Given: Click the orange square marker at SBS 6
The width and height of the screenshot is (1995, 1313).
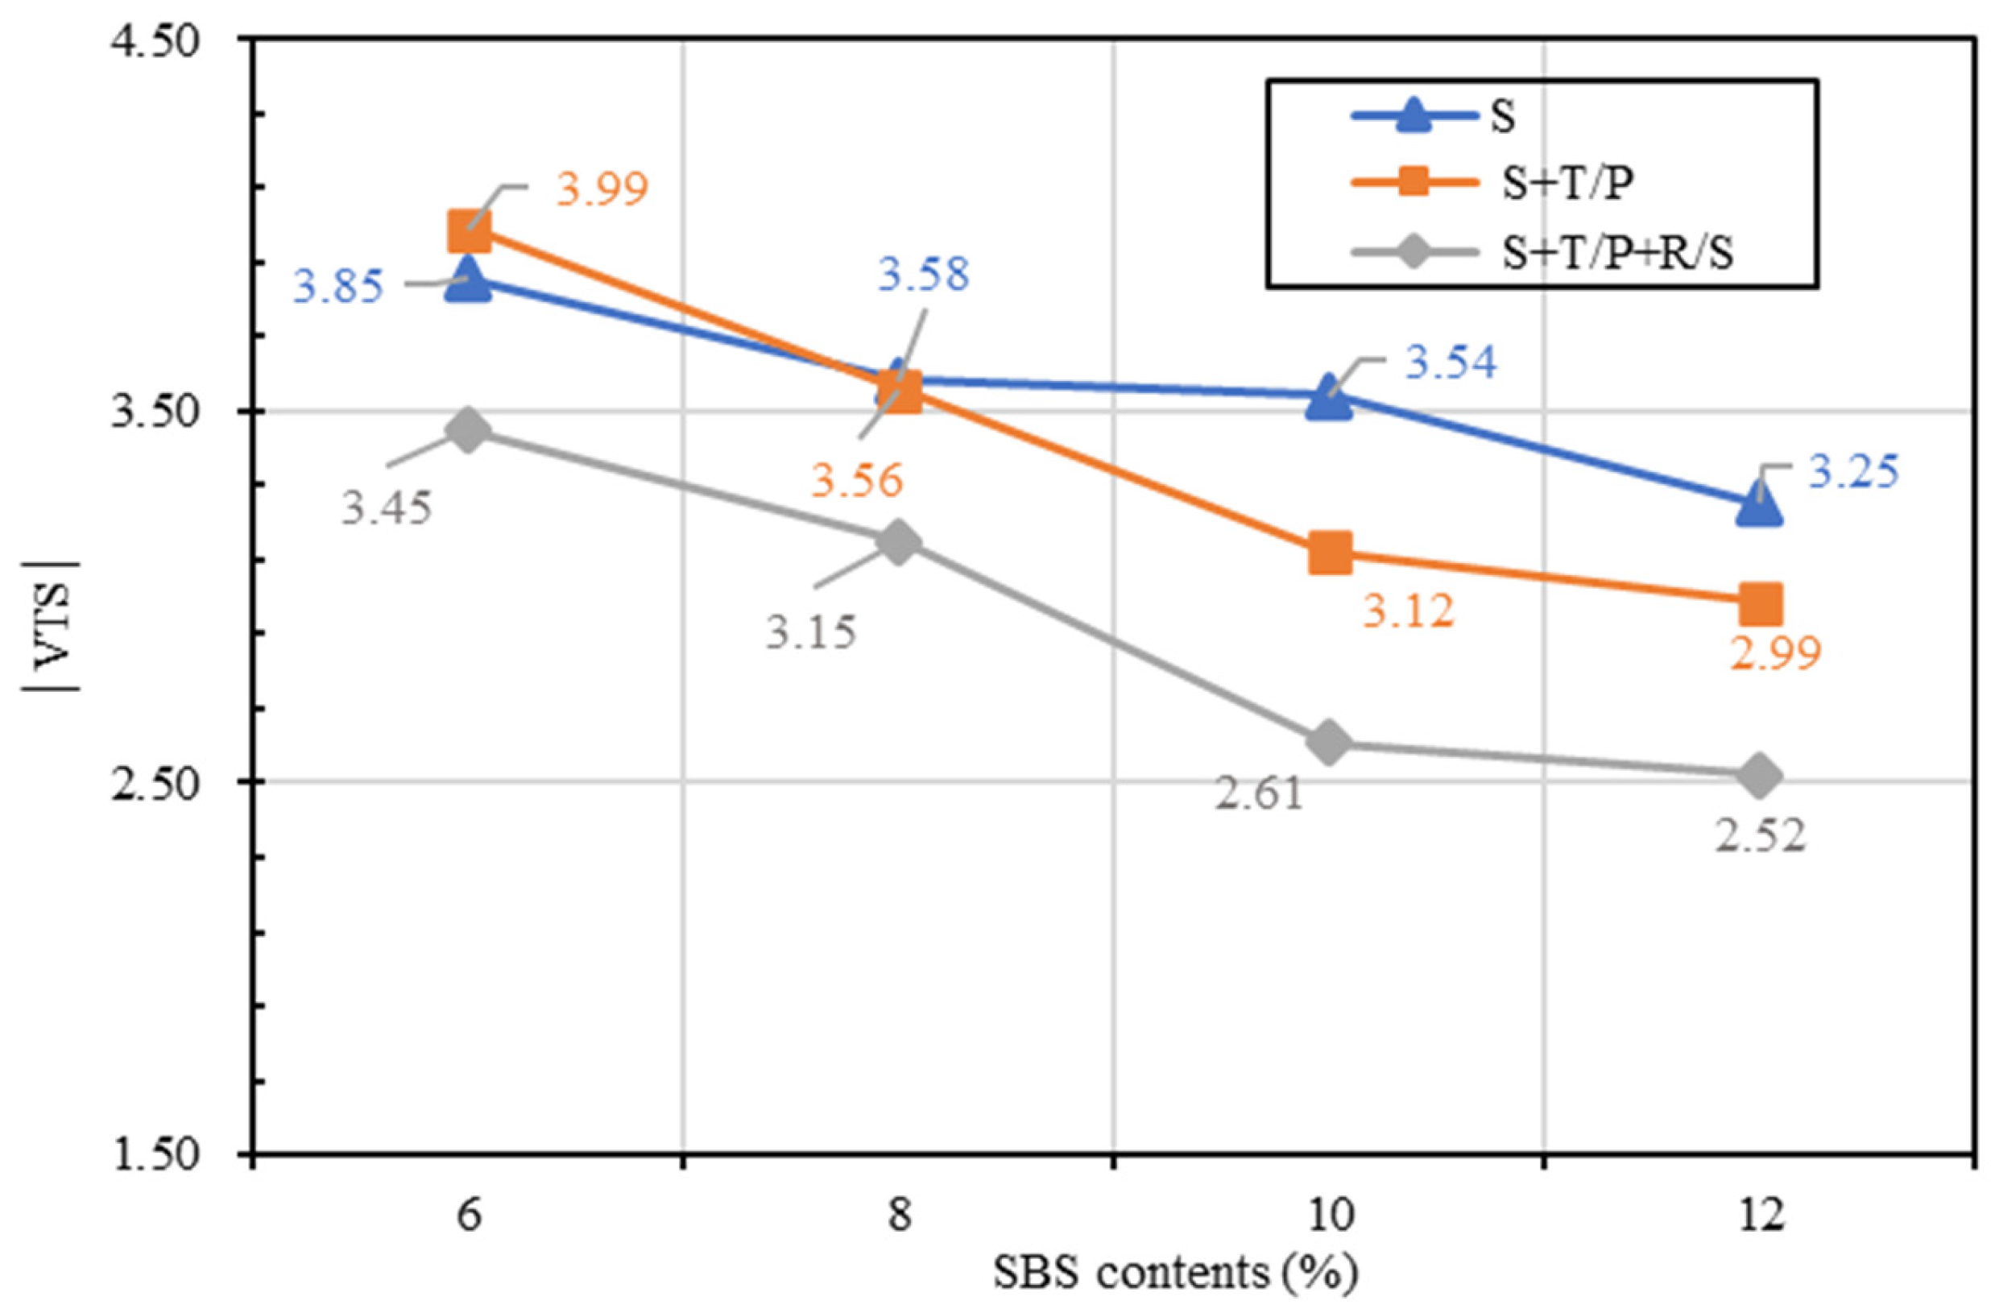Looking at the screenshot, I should [469, 230].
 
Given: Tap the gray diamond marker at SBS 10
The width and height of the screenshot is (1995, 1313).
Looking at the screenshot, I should [1329, 742].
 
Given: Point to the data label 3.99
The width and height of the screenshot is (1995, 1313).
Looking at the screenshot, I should [602, 188].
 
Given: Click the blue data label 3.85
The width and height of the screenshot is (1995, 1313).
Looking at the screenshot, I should [337, 287].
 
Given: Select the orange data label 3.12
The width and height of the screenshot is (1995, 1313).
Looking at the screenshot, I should [1408, 611].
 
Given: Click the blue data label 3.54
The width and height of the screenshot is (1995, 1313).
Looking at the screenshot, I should [1451, 363].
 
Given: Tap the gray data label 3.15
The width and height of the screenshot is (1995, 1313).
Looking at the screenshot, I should [810, 632].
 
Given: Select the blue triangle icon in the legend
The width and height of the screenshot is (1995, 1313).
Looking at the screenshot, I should [1416, 117].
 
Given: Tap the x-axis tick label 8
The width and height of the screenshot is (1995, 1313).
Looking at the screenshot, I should [899, 1214].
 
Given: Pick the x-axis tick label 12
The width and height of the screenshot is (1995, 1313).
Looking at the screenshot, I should [1759, 1214].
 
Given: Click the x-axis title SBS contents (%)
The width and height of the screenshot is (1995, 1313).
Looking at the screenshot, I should [1175, 1274].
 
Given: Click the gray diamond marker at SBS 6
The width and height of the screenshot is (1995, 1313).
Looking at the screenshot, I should [469, 430].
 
